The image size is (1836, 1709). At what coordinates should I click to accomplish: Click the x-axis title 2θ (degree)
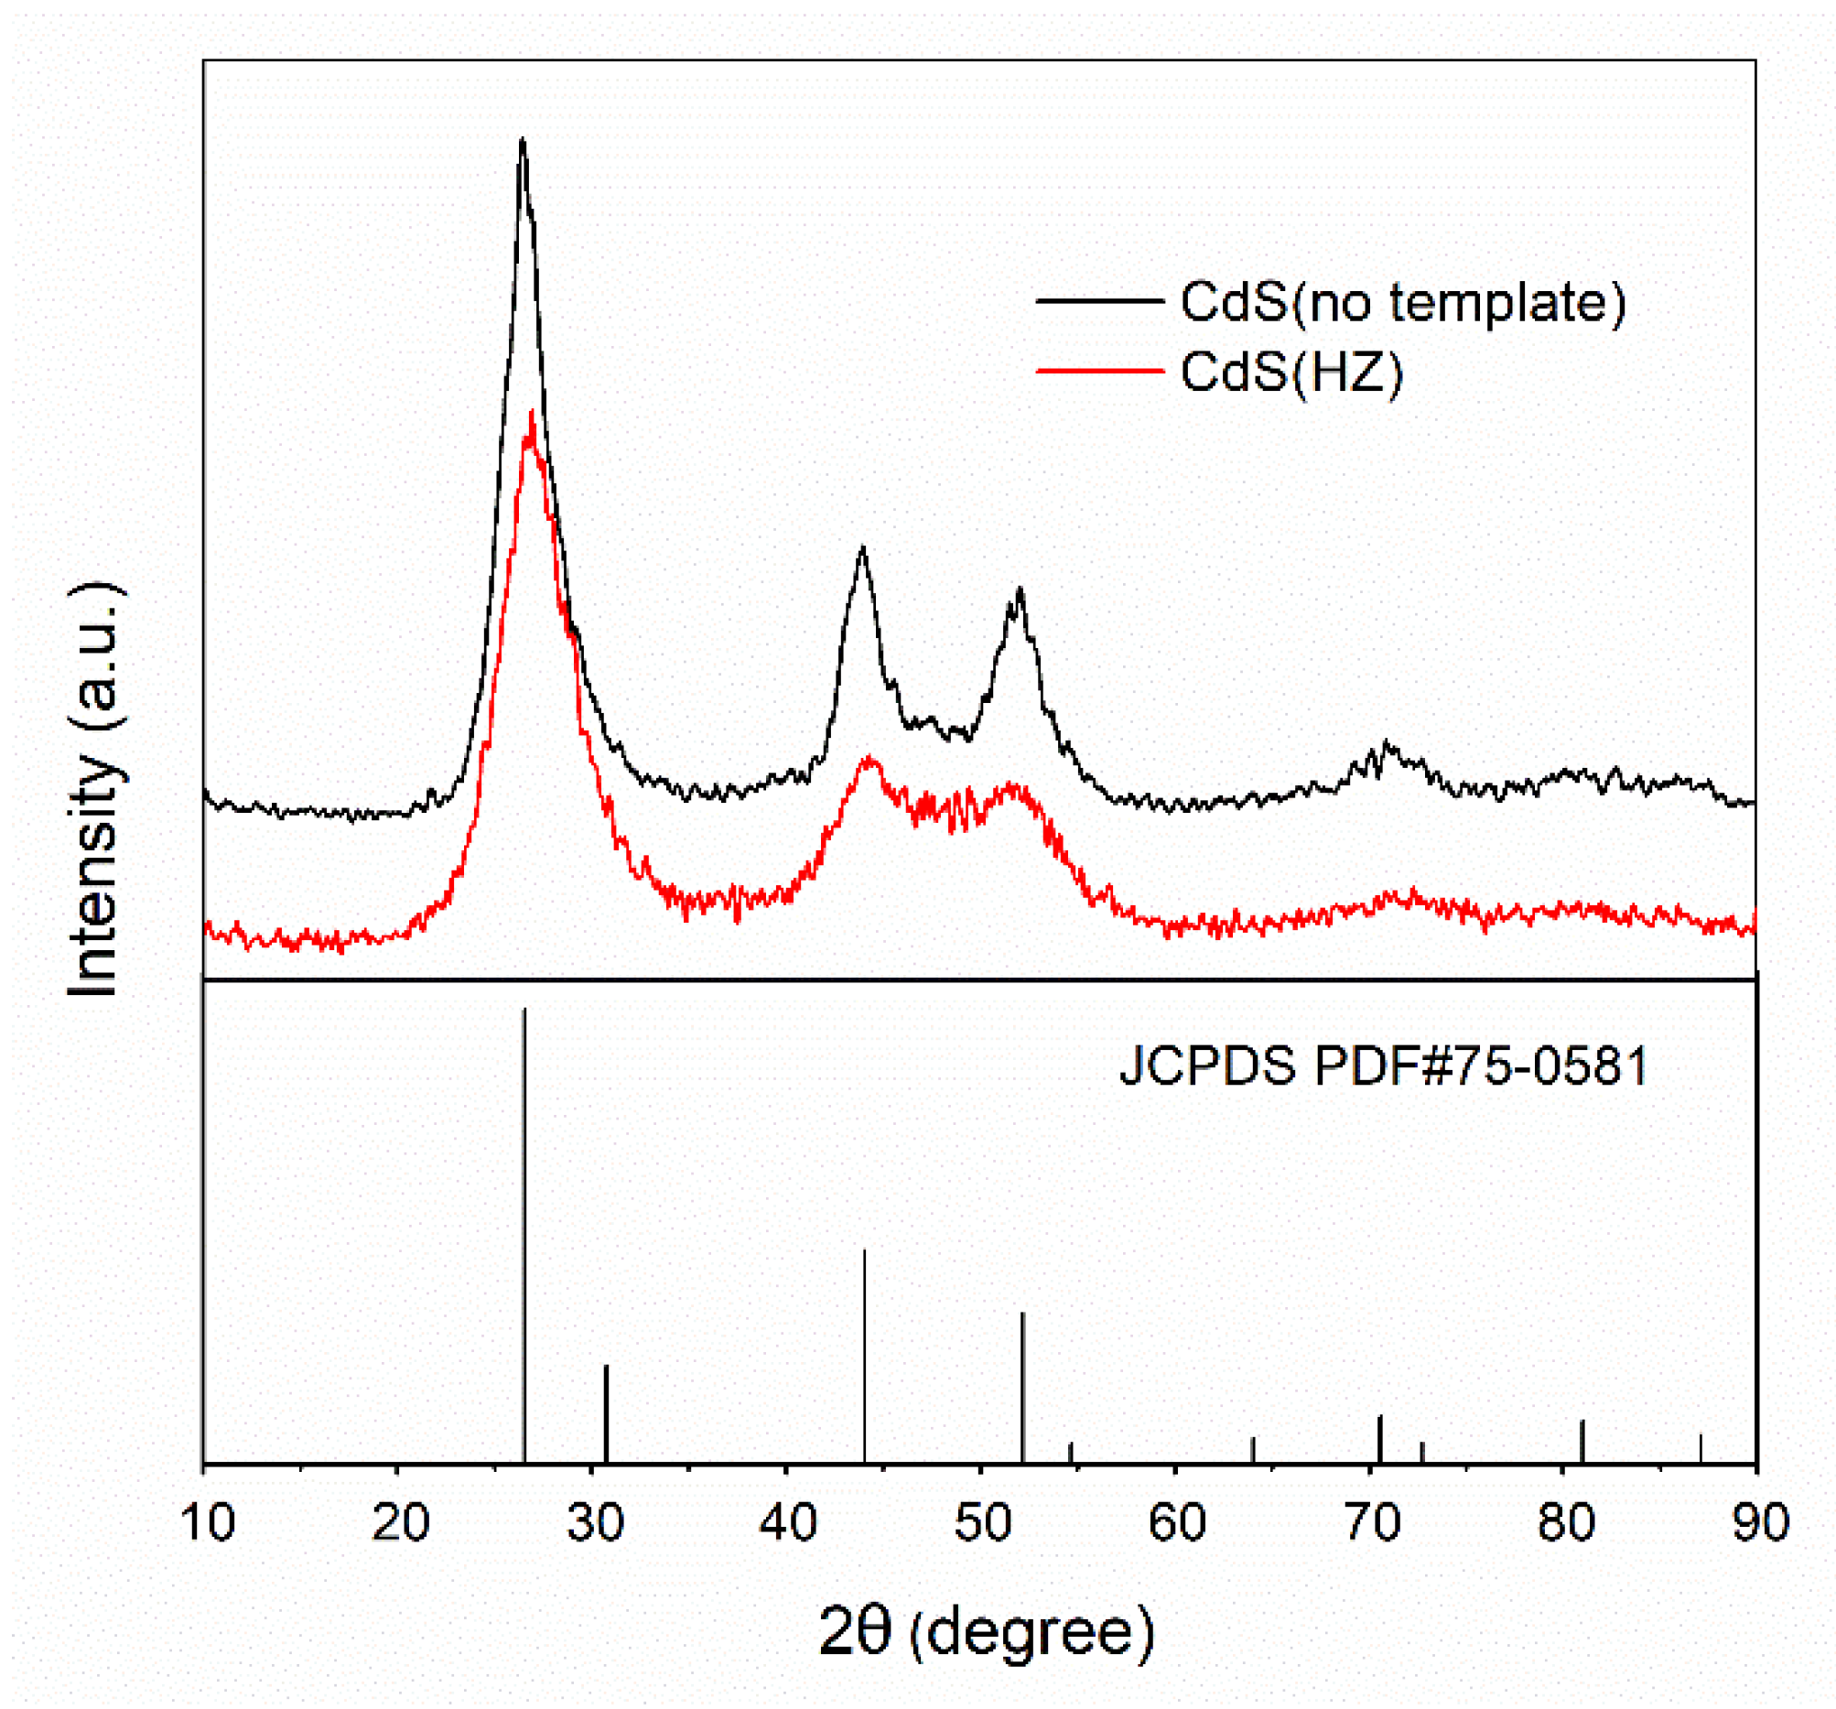pyautogui.click(x=987, y=1632)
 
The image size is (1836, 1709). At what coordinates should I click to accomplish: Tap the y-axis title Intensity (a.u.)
pyautogui.click(x=95, y=790)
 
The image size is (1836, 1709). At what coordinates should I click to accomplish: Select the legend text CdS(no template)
pyautogui.click(x=1403, y=301)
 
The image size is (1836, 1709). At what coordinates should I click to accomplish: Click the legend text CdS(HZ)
pyautogui.click(x=1291, y=372)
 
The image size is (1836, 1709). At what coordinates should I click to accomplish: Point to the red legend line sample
pyautogui.click(x=1099, y=372)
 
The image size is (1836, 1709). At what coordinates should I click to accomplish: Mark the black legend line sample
pyautogui.click(x=1099, y=301)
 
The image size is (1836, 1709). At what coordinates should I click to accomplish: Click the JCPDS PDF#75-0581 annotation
pyautogui.click(x=1384, y=1066)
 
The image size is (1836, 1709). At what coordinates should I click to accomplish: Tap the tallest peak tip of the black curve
pyautogui.click(x=523, y=140)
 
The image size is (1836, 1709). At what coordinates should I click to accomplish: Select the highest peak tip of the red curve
pyautogui.click(x=532, y=413)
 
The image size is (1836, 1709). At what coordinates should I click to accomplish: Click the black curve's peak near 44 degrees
pyautogui.click(x=862, y=548)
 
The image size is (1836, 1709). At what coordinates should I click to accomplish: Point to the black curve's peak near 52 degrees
pyautogui.click(x=1020, y=589)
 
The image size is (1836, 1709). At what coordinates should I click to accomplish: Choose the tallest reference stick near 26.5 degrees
pyautogui.click(x=524, y=1201)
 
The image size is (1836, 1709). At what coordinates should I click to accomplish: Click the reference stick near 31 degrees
pyautogui.click(x=606, y=1413)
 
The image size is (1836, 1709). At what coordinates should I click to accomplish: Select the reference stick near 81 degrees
pyautogui.click(x=1582, y=1441)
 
